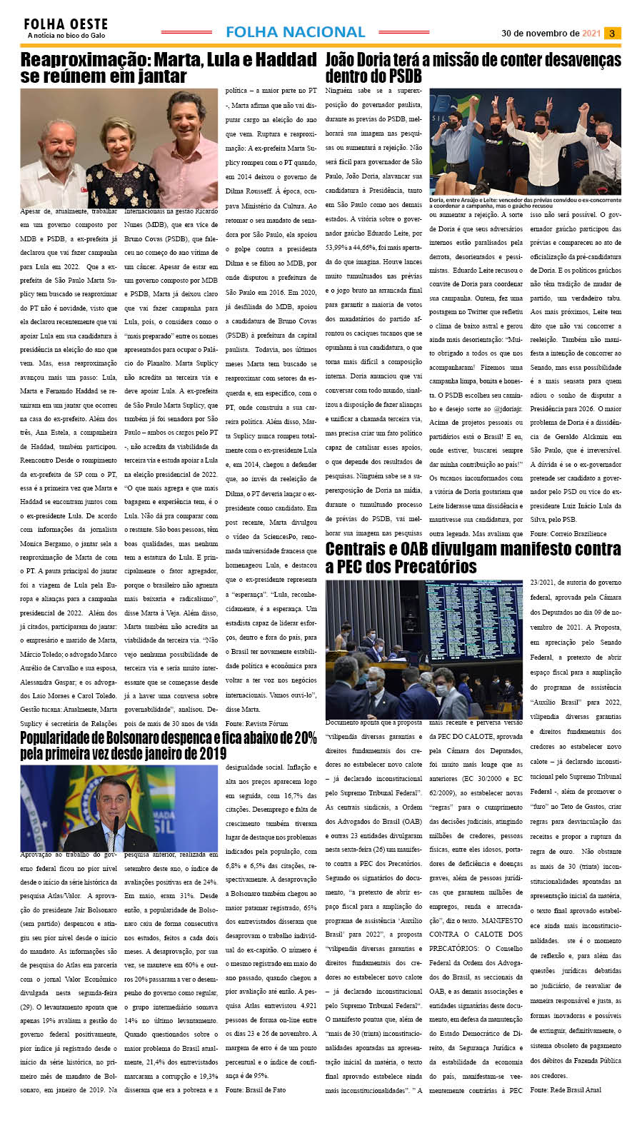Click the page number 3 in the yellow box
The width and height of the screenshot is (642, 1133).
pyautogui.click(x=612, y=33)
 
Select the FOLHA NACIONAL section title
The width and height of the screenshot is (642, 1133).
pyautogui.click(x=295, y=32)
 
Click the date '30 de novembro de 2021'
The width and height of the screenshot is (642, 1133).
pyautogui.click(x=551, y=33)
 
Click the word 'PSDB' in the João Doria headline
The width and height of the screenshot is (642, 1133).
pyautogui.click(x=403, y=76)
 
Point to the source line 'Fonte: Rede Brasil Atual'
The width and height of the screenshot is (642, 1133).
pyautogui.click(x=566, y=1089)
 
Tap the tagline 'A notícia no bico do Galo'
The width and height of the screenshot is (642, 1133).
pyautogui.click(x=66, y=35)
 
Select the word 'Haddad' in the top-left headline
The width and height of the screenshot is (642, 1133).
pyautogui.click(x=284, y=59)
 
